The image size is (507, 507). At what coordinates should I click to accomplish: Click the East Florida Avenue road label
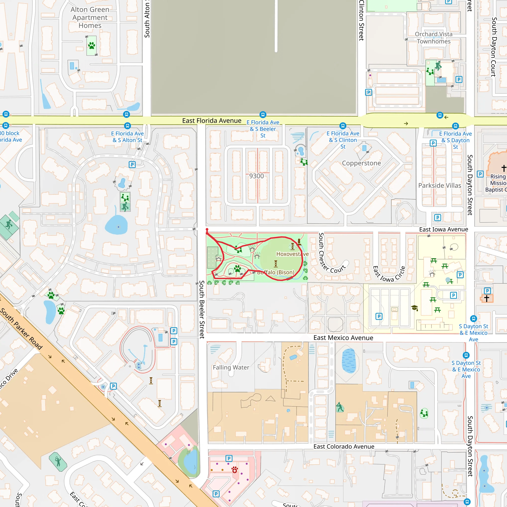(x=211, y=121)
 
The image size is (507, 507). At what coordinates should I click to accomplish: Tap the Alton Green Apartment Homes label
(x=90, y=18)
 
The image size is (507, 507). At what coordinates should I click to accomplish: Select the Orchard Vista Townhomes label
(x=433, y=38)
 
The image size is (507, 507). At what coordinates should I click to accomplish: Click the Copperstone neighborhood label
(x=361, y=163)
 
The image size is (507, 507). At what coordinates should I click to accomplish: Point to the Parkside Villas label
(x=440, y=185)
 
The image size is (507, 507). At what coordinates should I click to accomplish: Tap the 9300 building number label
(x=256, y=176)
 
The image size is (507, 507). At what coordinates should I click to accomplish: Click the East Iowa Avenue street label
(x=443, y=229)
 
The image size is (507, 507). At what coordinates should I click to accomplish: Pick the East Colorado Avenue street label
(x=344, y=447)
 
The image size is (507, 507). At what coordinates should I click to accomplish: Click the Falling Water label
(x=231, y=367)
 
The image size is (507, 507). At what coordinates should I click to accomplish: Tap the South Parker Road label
(x=22, y=329)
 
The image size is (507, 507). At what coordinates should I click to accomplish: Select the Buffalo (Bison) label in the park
(x=276, y=272)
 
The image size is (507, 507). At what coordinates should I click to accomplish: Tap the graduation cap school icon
(x=415, y=307)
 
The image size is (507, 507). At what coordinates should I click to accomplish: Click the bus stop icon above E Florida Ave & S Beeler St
(x=263, y=115)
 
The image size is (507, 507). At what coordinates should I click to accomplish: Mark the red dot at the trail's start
(x=207, y=230)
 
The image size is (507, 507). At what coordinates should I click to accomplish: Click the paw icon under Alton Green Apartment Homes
(x=92, y=46)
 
